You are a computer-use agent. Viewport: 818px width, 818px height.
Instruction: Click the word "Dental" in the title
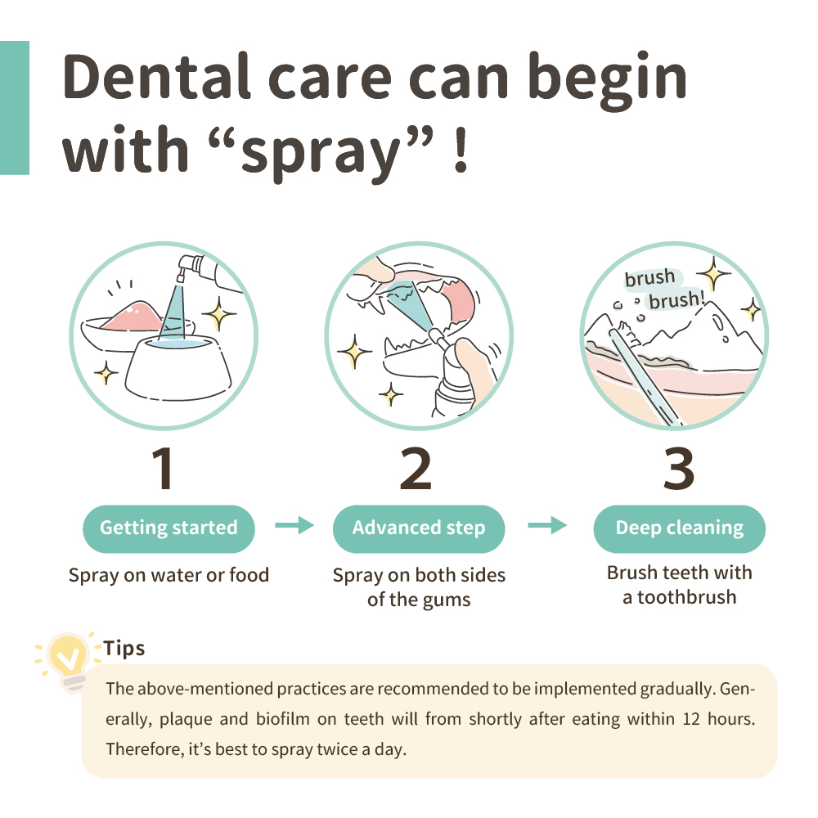click(157, 77)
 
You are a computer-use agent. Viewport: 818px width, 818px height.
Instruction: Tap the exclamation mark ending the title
click(461, 151)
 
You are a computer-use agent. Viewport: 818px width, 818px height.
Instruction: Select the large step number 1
click(164, 469)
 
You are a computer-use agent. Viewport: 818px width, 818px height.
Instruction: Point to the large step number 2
click(416, 469)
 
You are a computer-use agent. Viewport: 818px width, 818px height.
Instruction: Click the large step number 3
click(679, 469)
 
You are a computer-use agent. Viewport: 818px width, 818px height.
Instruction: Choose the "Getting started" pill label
click(169, 528)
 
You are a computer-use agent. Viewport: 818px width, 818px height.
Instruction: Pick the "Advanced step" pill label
click(419, 528)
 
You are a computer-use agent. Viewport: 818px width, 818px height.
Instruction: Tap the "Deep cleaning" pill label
click(679, 528)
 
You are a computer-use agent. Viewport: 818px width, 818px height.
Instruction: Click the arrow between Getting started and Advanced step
click(294, 525)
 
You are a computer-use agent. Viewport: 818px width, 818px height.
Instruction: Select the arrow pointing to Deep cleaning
click(547, 525)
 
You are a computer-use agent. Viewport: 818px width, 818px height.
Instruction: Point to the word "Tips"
click(124, 649)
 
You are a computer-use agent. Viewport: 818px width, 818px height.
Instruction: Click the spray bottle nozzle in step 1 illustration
click(183, 267)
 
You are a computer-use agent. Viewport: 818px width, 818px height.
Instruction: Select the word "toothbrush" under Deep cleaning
click(686, 597)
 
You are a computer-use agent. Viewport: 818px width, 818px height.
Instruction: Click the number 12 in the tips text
click(691, 719)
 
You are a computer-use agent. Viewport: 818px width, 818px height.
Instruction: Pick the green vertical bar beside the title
click(15, 107)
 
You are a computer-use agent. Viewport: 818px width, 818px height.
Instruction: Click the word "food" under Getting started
click(249, 575)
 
